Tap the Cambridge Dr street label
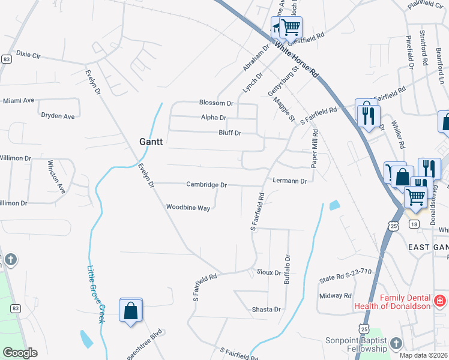click(206, 185)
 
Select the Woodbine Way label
click(188, 207)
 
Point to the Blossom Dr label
click(216, 103)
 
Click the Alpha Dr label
click(214, 118)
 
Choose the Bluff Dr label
click(229, 133)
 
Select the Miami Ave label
click(18, 100)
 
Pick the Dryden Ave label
click(58, 116)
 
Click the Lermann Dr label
click(289, 181)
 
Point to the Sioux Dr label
click(269, 272)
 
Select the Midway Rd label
click(335, 295)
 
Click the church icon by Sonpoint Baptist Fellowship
click(395, 343)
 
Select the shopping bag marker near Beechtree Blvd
click(131, 310)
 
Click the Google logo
click(19, 353)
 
